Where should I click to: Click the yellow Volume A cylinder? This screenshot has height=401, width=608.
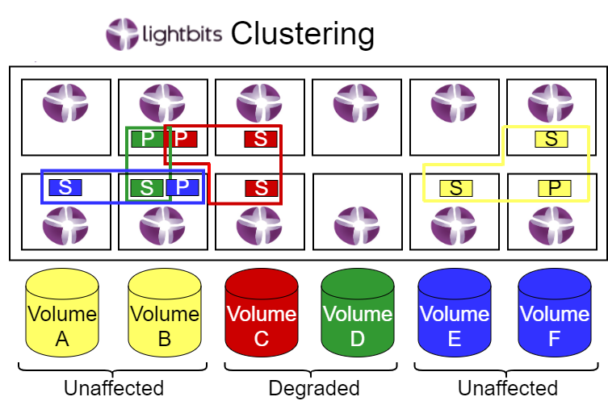click(x=62, y=315)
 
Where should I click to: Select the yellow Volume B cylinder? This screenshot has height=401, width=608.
click(x=164, y=315)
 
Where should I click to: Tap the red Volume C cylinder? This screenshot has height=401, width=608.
click(x=261, y=315)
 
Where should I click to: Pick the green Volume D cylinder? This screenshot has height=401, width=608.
click(x=358, y=315)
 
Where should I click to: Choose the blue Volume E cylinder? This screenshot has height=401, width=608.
click(x=454, y=315)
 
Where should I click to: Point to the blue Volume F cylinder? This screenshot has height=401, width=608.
click(x=554, y=315)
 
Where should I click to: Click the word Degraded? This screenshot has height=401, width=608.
click(x=313, y=388)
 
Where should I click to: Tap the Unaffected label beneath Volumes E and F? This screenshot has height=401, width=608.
click(x=507, y=388)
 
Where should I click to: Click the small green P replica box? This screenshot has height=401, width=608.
click(x=147, y=138)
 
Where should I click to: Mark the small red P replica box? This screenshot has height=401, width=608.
click(x=182, y=138)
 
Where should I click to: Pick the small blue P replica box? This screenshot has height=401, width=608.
click(x=182, y=187)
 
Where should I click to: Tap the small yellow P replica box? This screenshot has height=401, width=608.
click(x=554, y=188)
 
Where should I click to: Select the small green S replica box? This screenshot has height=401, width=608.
click(x=147, y=187)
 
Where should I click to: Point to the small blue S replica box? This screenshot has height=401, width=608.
click(x=65, y=187)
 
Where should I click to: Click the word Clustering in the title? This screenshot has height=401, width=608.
click(x=302, y=34)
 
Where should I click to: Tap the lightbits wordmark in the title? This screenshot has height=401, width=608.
click(x=182, y=36)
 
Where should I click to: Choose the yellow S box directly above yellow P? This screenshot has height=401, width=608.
click(x=551, y=139)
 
